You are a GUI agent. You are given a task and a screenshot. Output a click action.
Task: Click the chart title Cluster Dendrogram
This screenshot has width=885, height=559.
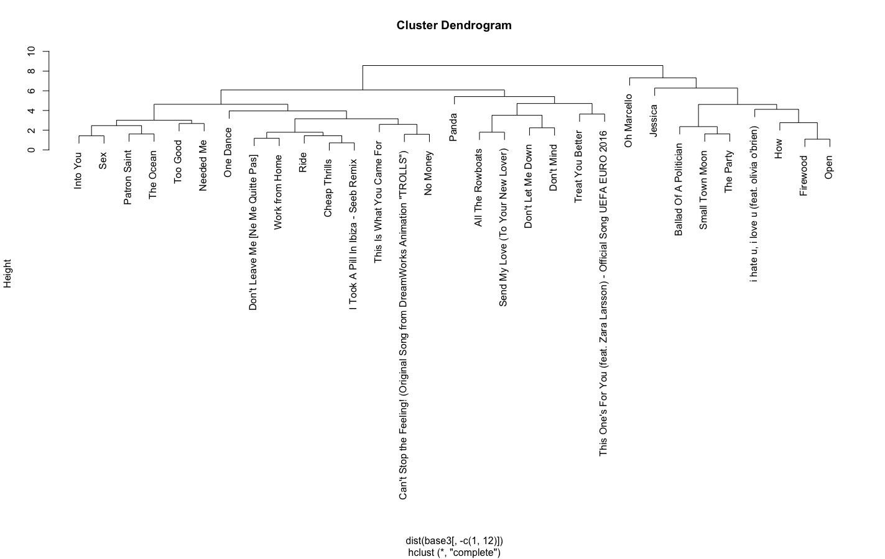coord(454,25)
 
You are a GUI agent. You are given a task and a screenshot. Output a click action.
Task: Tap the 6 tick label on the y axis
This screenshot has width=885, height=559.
coord(30,91)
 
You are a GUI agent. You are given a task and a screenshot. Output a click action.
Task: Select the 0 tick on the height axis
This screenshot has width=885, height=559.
coord(30,150)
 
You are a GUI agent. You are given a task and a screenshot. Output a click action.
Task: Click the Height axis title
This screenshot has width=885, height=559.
coord(8,274)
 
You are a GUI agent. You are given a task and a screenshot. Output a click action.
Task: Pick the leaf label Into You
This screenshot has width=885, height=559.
coord(78,171)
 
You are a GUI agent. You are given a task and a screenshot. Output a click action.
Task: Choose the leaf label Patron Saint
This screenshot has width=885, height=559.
coord(127,178)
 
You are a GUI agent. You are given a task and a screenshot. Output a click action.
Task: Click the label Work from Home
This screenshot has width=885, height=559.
coord(278,193)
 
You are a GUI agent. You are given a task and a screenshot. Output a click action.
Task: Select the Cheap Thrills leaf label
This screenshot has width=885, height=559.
coord(328,188)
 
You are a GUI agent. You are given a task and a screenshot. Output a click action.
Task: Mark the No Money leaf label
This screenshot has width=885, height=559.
coord(428,173)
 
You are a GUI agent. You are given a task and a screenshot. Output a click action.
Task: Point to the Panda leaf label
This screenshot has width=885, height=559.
coord(453,127)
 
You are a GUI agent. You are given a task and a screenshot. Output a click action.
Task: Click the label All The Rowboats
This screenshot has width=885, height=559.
coord(478,187)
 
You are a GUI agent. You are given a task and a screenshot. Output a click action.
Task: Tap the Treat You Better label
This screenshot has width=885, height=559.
coord(578,166)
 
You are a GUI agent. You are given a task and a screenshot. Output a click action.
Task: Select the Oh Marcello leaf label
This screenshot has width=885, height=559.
coord(628,121)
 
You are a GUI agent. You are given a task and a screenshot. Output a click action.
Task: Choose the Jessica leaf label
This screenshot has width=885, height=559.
coord(653,120)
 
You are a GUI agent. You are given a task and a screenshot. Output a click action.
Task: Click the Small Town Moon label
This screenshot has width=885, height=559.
coord(703,190)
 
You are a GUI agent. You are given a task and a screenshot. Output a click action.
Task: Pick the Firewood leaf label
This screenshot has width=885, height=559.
coord(804,176)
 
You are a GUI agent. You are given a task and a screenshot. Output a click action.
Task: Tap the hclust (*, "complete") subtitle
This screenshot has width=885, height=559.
coord(454,552)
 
